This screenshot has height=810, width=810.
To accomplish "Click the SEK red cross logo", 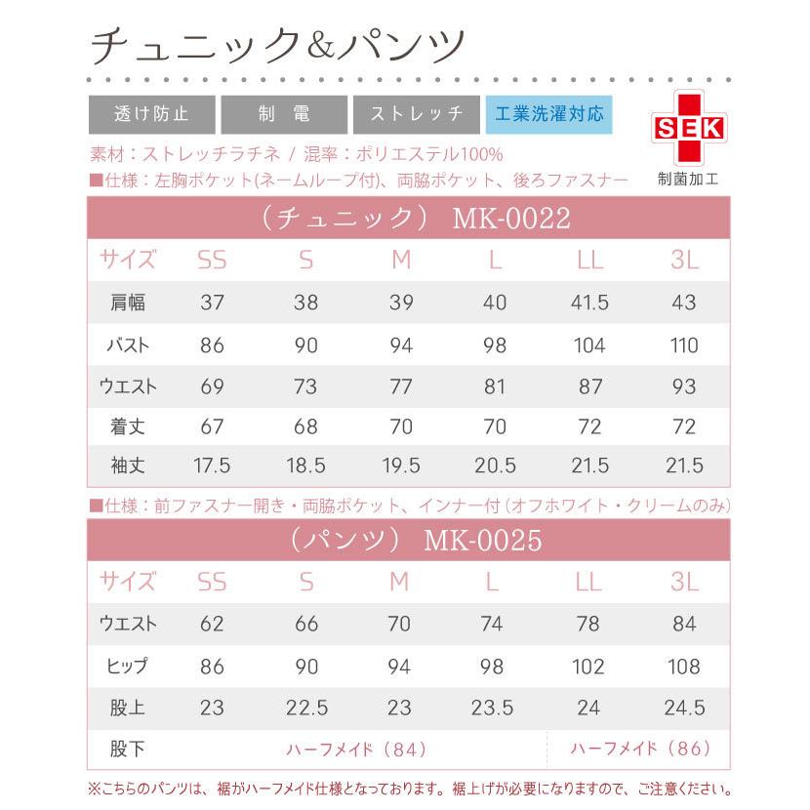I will [x=688, y=128].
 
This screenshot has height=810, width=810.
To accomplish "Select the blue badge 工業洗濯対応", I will [x=548, y=113].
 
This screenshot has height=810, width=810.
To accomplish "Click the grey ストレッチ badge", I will [x=416, y=113].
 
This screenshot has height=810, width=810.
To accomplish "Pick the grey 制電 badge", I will [x=284, y=113].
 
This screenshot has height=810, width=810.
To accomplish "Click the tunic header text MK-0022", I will [x=511, y=218].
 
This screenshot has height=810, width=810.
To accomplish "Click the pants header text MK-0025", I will [x=483, y=540].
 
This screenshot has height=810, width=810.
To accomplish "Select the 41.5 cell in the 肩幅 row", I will [x=589, y=303].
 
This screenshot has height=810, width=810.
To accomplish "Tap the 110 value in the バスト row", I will [x=684, y=345].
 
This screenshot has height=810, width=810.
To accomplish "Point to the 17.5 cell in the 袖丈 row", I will [x=212, y=466].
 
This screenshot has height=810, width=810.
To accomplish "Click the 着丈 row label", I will [x=128, y=426].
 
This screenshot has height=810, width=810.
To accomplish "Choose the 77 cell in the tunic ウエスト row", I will [x=400, y=386].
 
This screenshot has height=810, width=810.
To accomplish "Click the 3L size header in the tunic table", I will [x=684, y=260].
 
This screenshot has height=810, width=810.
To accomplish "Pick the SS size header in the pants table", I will [x=212, y=582].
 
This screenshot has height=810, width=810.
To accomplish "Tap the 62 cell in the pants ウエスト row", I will [x=212, y=624].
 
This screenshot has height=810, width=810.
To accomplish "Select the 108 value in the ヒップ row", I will [x=684, y=667].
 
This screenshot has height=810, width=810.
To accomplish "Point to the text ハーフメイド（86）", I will [x=635, y=749].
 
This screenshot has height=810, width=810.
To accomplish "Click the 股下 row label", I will [x=128, y=749].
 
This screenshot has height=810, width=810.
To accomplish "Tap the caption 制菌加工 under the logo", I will [x=688, y=180].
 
